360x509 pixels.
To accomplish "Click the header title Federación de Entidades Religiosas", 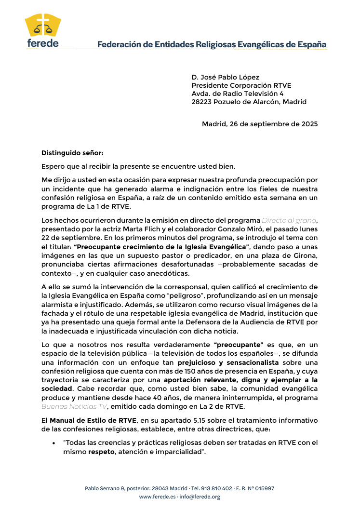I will (212, 45).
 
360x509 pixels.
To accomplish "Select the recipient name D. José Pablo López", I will (225, 77).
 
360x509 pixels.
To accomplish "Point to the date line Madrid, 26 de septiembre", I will (260, 124).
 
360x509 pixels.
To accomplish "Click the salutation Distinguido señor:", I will (72, 153).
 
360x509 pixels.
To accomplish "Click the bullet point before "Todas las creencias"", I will (54, 442).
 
